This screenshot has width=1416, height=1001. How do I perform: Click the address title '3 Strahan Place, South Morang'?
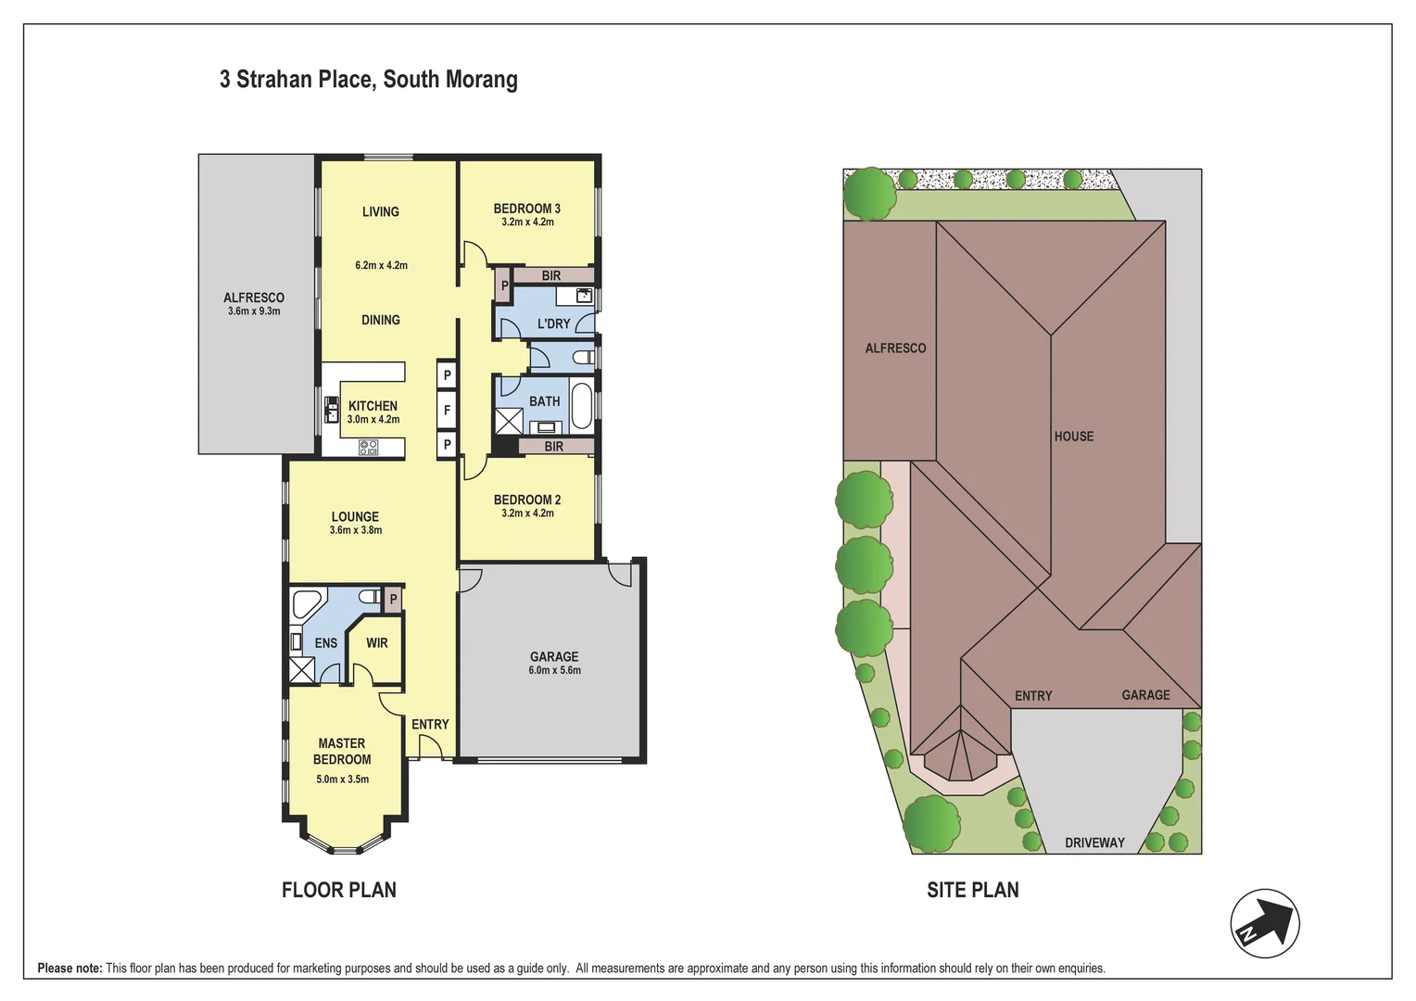click(x=368, y=80)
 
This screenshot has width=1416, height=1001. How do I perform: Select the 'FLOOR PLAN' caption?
click(x=338, y=890)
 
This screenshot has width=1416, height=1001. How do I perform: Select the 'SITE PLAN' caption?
click(x=972, y=890)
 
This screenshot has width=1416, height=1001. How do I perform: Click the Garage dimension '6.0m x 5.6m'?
click(x=554, y=670)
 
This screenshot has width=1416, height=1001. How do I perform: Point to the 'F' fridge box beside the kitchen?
click(x=447, y=410)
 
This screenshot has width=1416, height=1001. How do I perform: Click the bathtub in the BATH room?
click(x=581, y=405)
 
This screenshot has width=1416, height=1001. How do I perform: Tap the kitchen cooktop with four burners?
click(x=368, y=448)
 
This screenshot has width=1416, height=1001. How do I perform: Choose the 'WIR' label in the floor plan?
click(x=376, y=643)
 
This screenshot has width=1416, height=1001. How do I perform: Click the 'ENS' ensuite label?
click(x=326, y=643)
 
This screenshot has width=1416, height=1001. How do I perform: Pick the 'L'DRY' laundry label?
click(x=553, y=323)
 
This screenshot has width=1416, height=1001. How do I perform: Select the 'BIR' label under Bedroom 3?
click(x=551, y=275)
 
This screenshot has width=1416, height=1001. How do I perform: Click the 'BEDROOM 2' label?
click(x=526, y=500)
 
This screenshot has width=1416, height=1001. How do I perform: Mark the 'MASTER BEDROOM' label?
click(x=342, y=751)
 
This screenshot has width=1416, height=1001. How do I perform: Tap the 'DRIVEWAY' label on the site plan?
click(x=1094, y=843)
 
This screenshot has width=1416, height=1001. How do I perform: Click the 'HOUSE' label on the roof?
click(x=1073, y=437)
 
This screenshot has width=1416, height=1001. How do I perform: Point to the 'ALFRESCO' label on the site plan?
click(x=895, y=348)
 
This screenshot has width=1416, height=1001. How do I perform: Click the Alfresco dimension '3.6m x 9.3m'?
click(x=254, y=311)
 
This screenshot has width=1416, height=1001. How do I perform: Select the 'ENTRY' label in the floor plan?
click(x=430, y=725)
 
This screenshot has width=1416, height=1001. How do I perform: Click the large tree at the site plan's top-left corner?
click(x=869, y=193)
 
